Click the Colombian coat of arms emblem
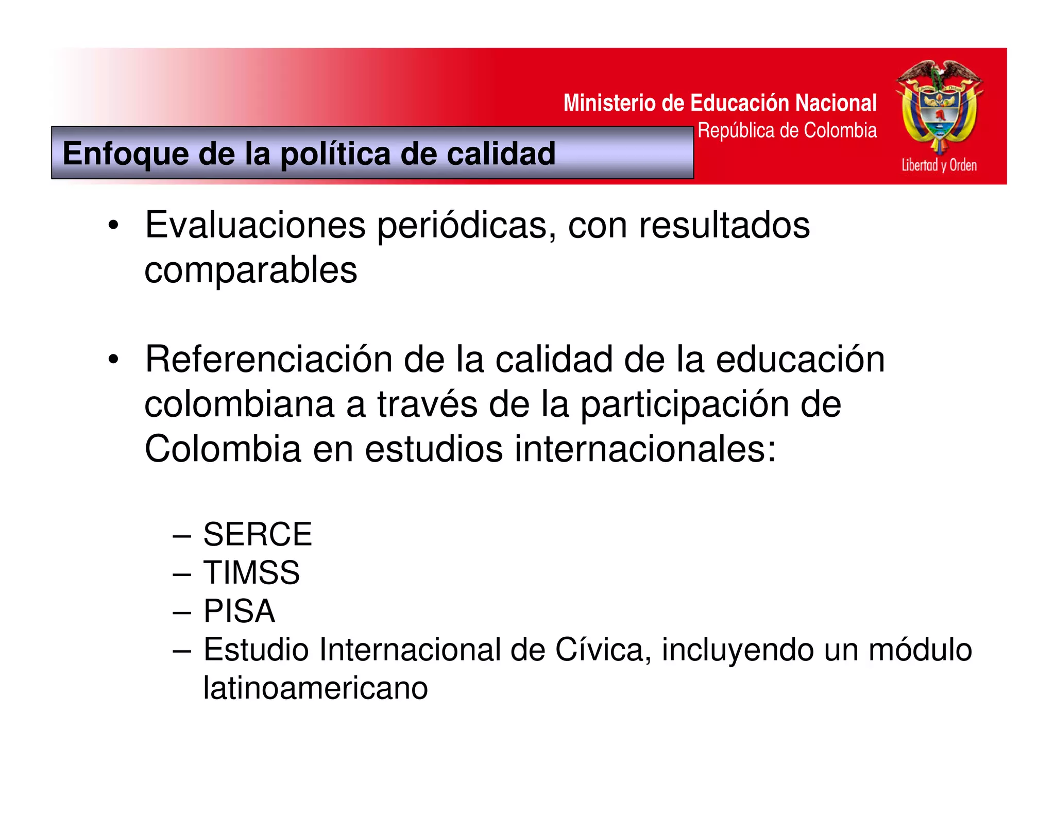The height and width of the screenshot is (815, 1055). coord(939,106)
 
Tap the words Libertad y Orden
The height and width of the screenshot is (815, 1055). coord(939,165)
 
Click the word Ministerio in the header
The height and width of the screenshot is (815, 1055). coord(610,103)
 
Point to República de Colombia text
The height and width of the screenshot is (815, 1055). coord(787,131)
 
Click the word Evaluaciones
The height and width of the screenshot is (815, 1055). coord(255,225)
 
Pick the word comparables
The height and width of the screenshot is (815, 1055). coord(250,270)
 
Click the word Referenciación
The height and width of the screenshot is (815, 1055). coord(268,359)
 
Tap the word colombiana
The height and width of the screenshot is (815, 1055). coord(239,404)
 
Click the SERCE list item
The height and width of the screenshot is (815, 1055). coord(258,534)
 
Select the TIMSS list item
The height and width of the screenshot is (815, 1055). coord(251,572)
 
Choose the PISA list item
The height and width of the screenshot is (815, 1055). coord(239,611)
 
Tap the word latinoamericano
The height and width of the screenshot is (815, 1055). coord(315,688)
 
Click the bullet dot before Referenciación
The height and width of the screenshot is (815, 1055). coord(113,360)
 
